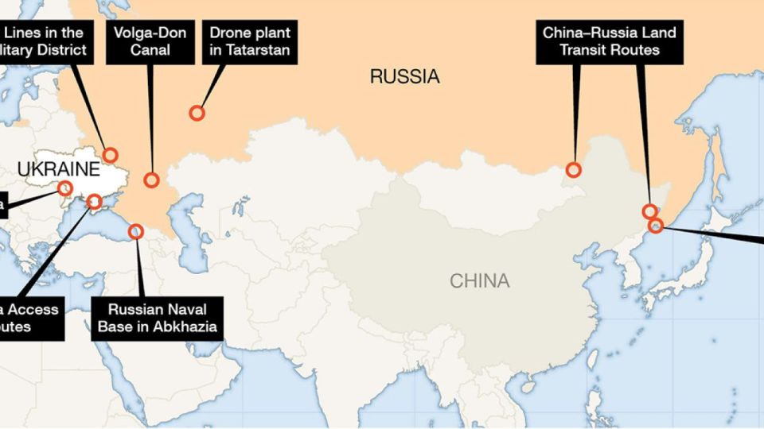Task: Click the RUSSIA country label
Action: click(404, 77)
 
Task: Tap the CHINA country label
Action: click(479, 280)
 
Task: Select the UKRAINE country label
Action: click(59, 169)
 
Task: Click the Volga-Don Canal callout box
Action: click(150, 43)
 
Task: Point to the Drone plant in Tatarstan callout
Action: click(250, 43)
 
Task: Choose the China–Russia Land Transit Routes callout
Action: click(609, 41)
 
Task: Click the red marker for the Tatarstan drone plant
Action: click(197, 113)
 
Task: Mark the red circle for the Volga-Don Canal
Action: click(151, 180)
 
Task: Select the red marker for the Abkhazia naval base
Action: click(136, 231)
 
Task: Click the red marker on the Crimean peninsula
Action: click(94, 202)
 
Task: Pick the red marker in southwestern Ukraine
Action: click(65, 188)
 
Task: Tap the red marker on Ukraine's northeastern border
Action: click(111, 155)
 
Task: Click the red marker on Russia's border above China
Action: click(574, 169)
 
